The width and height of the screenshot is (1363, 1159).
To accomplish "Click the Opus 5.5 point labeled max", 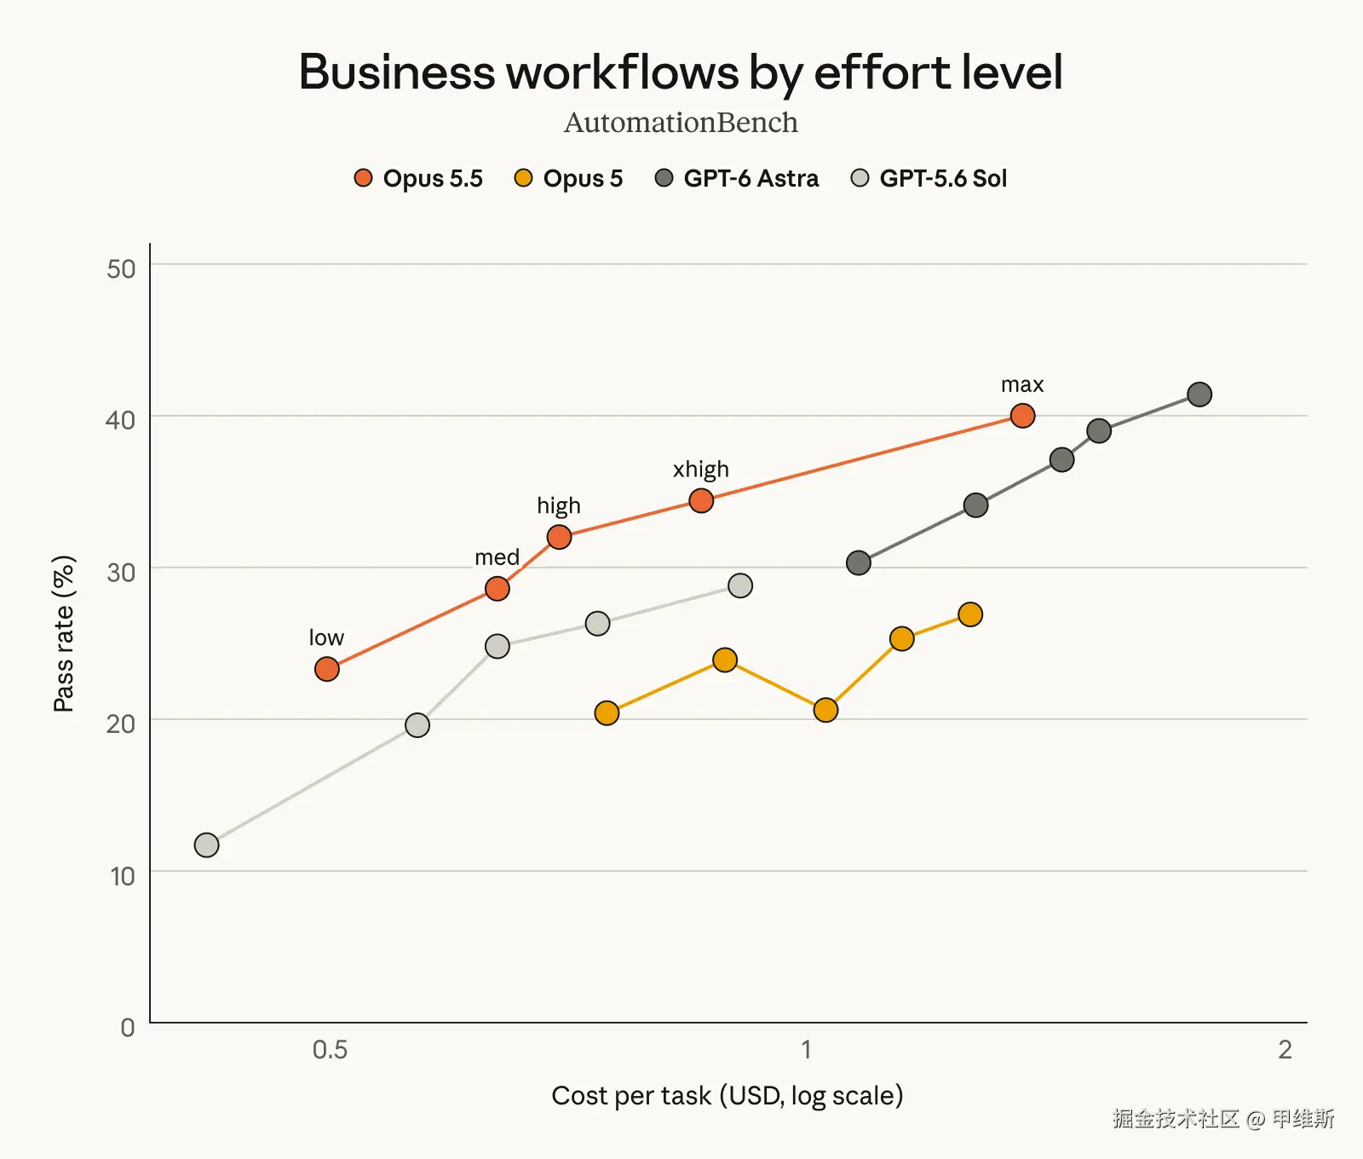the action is (x=1022, y=416).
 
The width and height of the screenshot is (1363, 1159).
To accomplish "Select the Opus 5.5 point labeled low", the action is (x=327, y=669).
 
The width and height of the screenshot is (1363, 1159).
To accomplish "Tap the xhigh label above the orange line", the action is (x=701, y=470).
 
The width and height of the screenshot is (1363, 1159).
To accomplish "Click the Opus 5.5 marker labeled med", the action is (x=497, y=589).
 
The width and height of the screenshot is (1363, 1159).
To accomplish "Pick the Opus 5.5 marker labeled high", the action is (x=559, y=537).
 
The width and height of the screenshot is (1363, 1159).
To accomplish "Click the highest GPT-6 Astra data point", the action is (x=1199, y=395).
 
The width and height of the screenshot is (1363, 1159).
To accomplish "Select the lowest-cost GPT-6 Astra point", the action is (x=859, y=562).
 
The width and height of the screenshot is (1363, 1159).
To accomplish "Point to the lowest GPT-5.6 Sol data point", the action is (x=207, y=845).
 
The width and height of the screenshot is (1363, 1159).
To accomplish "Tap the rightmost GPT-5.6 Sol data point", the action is (x=740, y=585).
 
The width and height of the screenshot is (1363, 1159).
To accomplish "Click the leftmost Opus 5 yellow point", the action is (x=607, y=713).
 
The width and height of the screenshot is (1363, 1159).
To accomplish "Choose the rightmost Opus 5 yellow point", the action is (x=970, y=614).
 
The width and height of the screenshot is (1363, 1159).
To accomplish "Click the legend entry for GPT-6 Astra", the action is (x=737, y=178).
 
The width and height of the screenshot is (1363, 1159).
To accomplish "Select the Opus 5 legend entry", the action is (x=569, y=178).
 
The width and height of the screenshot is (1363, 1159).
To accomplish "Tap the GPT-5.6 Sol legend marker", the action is (x=860, y=178).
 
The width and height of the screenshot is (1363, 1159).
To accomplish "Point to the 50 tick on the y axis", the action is (x=121, y=269).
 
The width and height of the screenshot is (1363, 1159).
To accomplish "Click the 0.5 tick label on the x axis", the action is (x=331, y=1049).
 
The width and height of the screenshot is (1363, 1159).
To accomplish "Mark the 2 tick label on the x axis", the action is (x=1285, y=1049).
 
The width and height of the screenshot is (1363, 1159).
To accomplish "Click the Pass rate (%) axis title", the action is (x=64, y=633).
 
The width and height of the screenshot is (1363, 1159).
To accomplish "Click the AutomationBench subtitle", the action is (x=681, y=123).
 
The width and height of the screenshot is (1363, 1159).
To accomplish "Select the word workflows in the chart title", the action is (x=623, y=72).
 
